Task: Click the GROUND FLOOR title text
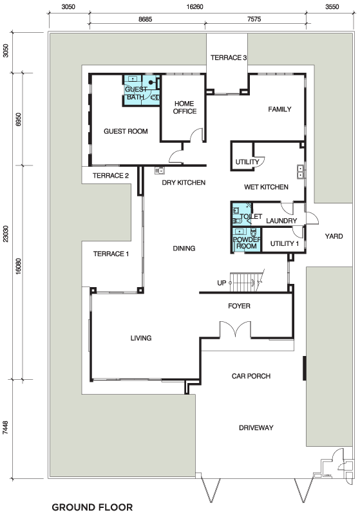(92, 507)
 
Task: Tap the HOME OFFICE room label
(185, 108)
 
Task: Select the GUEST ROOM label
(126, 131)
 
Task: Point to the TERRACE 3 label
(229, 58)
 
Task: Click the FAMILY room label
(279, 109)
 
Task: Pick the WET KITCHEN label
(266, 187)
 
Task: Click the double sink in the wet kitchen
(300, 172)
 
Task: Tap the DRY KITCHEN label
(184, 183)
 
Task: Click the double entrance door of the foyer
(235, 328)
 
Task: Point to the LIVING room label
(141, 338)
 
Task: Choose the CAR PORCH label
(251, 376)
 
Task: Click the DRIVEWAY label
(256, 427)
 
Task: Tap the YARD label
(334, 236)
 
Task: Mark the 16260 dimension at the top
(194, 6)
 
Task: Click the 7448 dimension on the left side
(6, 427)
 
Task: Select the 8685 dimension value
(145, 19)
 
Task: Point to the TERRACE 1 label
(111, 254)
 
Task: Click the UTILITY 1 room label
(285, 244)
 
